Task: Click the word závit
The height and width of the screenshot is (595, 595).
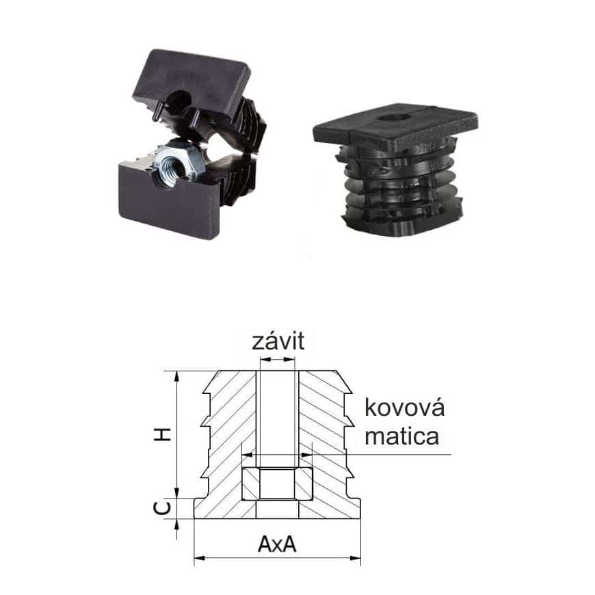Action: point(278,341)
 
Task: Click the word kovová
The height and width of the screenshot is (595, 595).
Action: point(404,408)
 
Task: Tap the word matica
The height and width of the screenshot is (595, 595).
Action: point(402,436)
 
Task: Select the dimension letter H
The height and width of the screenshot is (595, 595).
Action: point(162,434)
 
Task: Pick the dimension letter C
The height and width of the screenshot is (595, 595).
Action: point(162,507)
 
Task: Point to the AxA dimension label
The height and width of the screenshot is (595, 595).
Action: point(277,544)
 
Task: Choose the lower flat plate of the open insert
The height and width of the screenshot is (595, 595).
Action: point(169,201)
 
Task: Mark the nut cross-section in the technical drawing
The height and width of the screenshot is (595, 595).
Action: point(278,484)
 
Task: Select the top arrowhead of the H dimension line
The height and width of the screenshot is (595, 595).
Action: point(176,376)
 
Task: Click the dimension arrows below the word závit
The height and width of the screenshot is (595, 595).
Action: point(278,358)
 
